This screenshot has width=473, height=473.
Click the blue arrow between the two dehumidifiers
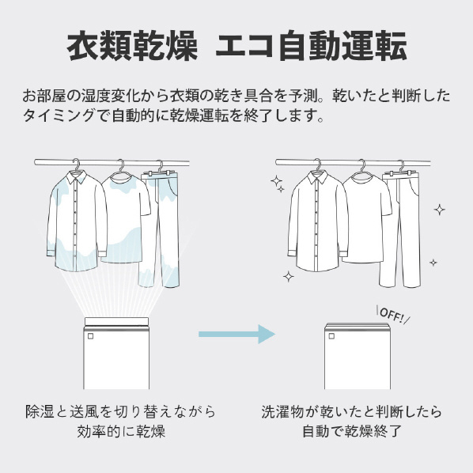(x=236, y=334)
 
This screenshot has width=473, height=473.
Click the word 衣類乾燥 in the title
(x=132, y=46)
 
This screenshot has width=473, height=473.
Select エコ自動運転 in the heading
(x=311, y=46)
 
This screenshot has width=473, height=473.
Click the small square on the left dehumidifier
(x=91, y=336)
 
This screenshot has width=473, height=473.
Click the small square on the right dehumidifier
(x=332, y=336)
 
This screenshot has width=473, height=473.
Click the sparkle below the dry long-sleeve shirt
(x=289, y=276)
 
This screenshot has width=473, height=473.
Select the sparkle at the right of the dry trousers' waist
(x=440, y=210)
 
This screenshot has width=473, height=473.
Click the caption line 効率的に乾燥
(x=121, y=431)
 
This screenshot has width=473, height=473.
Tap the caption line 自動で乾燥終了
(x=352, y=431)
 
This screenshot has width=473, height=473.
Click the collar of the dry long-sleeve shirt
(x=317, y=178)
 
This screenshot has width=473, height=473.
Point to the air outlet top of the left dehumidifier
(x=116, y=322)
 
